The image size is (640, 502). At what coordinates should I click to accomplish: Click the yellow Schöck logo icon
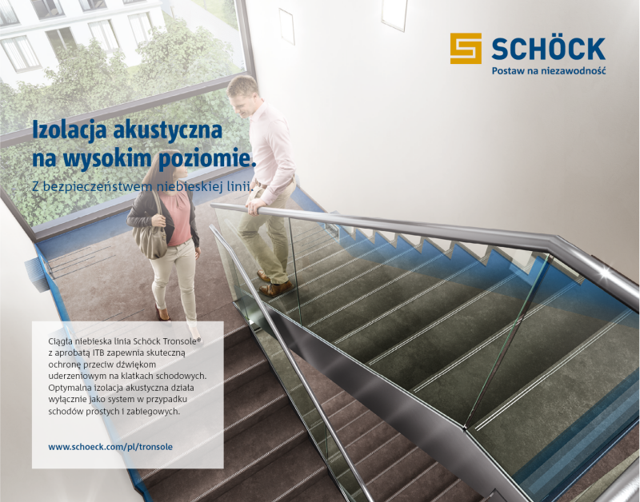pyautogui.click(x=466, y=48)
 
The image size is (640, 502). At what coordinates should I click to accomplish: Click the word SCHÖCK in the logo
pyautogui.click(x=548, y=48)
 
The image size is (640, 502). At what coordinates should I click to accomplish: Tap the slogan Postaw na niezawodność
pyautogui.click(x=548, y=71)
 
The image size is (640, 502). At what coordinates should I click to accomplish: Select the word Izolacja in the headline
pyautogui.click(x=68, y=128)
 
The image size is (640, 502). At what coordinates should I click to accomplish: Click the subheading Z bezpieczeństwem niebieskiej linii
pyautogui.click(x=142, y=186)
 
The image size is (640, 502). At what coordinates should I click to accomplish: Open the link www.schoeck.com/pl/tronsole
pyautogui.click(x=110, y=447)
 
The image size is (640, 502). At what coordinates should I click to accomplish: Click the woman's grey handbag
pyautogui.click(x=150, y=237)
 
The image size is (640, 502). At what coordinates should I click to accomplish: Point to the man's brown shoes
pyautogui.click(x=274, y=286)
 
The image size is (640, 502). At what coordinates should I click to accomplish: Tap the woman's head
pyautogui.click(x=157, y=169)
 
